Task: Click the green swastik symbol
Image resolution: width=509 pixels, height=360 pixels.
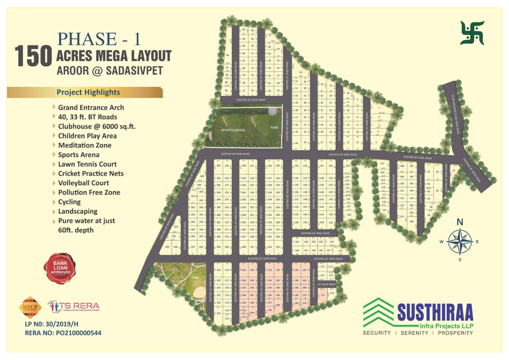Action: (472, 33)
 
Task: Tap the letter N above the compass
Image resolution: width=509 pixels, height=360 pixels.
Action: (460, 222)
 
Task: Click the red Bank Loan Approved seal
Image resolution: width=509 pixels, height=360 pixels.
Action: (60, 268)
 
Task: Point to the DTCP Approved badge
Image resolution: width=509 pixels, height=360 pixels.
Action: (30, 307)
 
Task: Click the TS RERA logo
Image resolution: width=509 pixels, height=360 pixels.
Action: (74, 307)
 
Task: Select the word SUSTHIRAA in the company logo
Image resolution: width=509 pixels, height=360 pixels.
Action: (435, 313)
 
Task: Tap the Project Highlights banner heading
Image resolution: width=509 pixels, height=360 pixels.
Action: (88, 92)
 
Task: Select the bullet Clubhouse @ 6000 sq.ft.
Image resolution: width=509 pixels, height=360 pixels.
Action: (96, 127)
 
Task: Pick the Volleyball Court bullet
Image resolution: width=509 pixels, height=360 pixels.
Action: (84, 183)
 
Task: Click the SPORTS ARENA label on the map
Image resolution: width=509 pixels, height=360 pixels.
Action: (233, 130)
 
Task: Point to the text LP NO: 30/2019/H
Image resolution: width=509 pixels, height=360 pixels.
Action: (51, 324)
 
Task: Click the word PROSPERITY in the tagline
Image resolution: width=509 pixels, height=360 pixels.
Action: (455, 333)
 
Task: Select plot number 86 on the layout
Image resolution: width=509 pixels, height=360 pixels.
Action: (227, 55)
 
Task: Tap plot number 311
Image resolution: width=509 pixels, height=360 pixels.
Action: (176, 227)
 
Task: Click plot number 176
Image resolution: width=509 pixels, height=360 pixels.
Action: (332, 293)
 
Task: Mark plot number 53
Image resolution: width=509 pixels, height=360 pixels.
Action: (301, 72)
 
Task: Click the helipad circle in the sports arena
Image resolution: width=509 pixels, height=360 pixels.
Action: (272, 110)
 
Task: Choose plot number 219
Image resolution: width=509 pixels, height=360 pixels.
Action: (219, 313)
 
